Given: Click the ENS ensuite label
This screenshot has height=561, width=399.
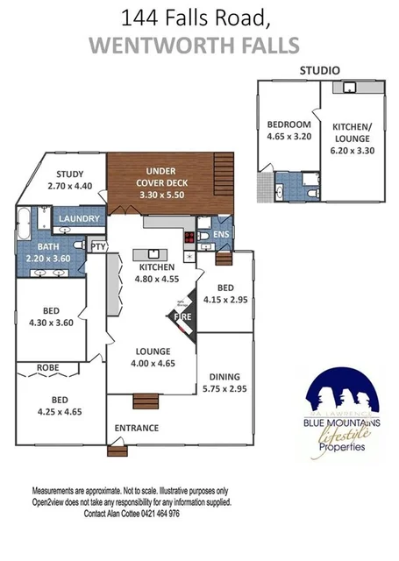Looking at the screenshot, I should (222, 234).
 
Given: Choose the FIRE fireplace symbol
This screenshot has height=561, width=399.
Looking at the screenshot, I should (183, 316).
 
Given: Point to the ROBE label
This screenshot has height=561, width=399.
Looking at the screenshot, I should (47, 367).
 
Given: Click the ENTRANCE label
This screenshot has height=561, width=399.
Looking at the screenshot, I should (137, 428).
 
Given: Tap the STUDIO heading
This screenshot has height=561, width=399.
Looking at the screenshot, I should (321, 69).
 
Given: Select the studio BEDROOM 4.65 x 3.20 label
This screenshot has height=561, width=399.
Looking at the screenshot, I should (289, 131).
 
